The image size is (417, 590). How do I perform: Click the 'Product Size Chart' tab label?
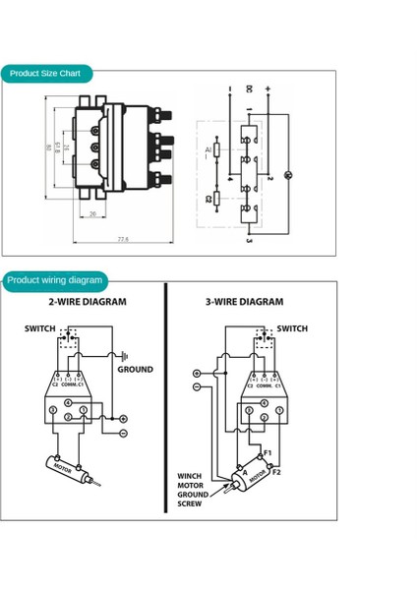(x=45, y=74)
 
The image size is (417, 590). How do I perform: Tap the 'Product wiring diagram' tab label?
(x=55, y=280)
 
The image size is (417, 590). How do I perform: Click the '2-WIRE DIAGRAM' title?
(x=88, y=302)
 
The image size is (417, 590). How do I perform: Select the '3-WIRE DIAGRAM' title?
(x=244, y=302)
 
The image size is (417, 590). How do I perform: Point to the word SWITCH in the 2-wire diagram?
(x=40, y=328)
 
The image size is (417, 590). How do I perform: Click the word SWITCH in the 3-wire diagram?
(x=292, y=328)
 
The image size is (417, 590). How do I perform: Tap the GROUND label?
(x=135, y=370)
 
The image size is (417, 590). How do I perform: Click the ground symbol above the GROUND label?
(x=125, y=357)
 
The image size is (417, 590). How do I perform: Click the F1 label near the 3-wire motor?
(x=268, y=453)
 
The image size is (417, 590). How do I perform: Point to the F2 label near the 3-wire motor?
(x=276, y=472)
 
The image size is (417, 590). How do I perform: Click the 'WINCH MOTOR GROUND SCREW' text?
(x=191, y=490)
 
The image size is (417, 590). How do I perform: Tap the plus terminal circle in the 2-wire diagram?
(x=124, y=419)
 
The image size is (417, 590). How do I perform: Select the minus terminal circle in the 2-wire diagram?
(x=124, y=433)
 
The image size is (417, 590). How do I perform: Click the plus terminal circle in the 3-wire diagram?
(x=197, y=374)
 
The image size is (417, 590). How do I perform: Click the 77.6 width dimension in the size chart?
(x=123, y=239)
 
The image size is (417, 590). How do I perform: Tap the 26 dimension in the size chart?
(x=93, y=213)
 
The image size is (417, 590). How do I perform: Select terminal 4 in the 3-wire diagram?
(x=264, y=403)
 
